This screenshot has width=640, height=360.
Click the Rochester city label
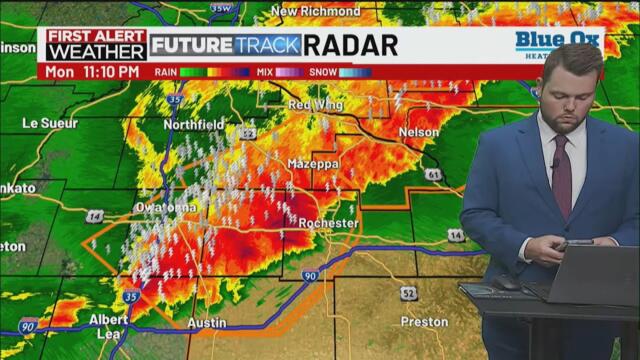coord(327,223)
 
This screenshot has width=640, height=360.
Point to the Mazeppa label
coord(313,163)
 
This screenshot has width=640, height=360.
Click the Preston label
coord(424,322)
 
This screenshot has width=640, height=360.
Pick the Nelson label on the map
coord(417,132)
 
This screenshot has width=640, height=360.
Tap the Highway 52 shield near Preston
coord(408,292)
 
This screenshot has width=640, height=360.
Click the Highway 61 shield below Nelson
coord(433,174)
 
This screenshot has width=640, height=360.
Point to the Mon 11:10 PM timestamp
coord(92,72)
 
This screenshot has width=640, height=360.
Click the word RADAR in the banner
coord(350,45)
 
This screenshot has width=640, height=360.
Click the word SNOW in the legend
coord(321,72)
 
